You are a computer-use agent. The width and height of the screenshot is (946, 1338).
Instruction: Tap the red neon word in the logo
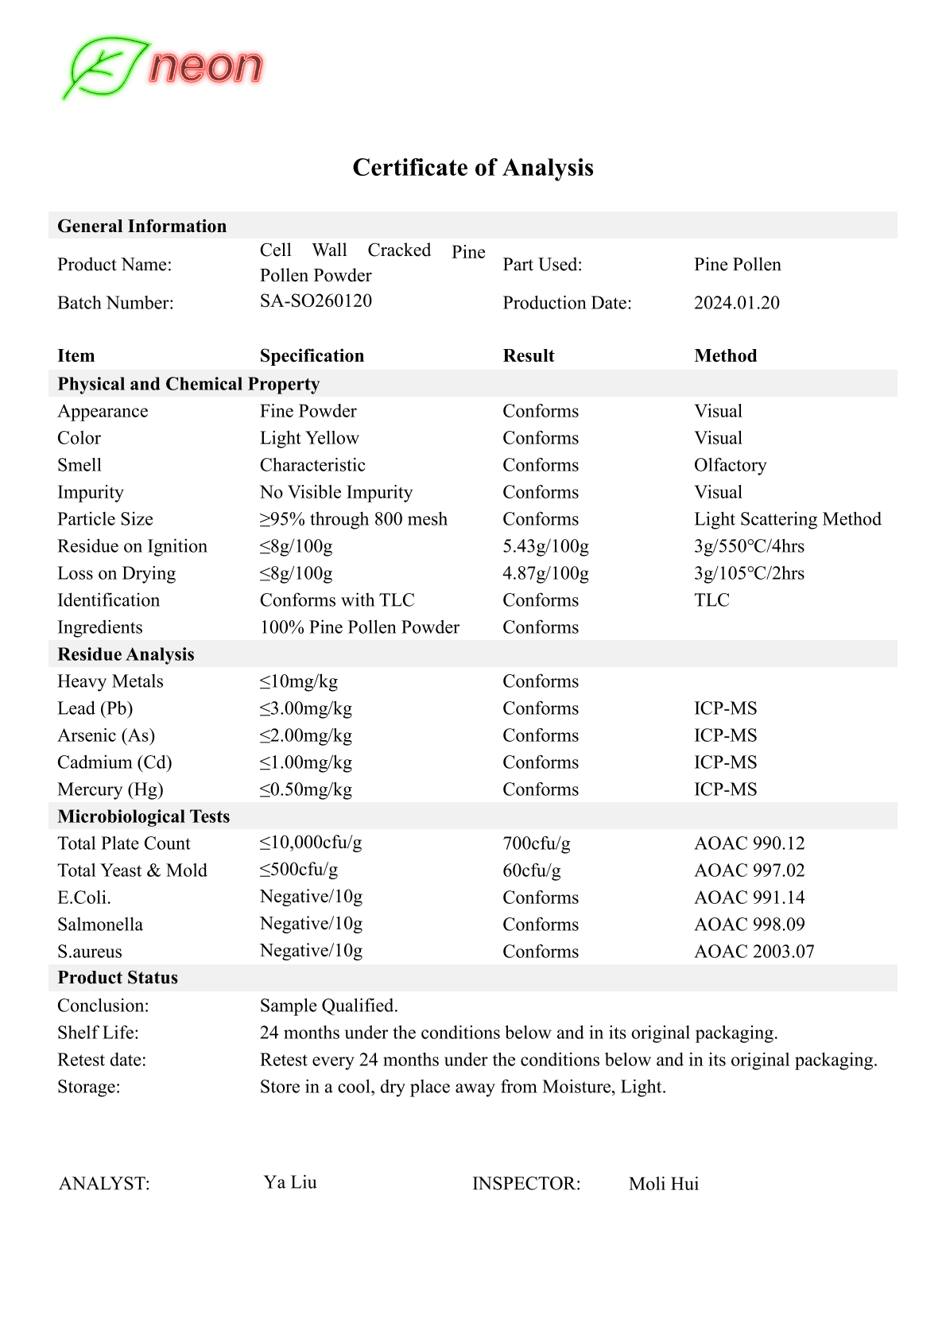[206, 67]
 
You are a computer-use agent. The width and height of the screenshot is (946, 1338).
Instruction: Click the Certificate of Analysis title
[473, 168]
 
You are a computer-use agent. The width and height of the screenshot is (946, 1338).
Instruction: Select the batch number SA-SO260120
[316, 301]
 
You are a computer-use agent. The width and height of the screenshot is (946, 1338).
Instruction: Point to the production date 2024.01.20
[736, 303]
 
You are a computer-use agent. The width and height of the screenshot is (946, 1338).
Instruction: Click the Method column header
[725, 356]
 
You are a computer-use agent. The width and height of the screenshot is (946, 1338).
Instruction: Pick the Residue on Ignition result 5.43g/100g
[545, 546]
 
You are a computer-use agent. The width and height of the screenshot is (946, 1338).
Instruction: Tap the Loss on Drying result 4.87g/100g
[545, 573]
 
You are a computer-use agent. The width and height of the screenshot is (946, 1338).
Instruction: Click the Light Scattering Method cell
[787, 519]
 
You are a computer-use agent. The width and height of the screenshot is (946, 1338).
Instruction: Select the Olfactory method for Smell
[730, 465]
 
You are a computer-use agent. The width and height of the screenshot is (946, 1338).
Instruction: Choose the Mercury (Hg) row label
[110, 789]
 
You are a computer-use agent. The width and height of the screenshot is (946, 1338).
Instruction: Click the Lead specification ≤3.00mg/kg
[306, 708]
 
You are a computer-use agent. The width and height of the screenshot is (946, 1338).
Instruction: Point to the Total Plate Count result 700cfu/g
[536, 844]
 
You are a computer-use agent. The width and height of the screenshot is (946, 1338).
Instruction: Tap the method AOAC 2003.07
[754, 952]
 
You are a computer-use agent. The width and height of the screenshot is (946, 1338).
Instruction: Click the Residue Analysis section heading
[126, 654]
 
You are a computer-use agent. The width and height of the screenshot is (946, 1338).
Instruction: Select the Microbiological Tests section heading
[143, 816]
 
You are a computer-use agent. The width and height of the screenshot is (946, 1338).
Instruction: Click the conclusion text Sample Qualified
[328, 1006]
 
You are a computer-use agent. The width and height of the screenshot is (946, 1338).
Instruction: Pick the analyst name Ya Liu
[290, 1182]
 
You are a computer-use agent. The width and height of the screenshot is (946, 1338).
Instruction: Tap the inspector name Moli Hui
[663, 1184]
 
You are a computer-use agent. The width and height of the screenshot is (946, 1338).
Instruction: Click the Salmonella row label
[100, 925]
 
